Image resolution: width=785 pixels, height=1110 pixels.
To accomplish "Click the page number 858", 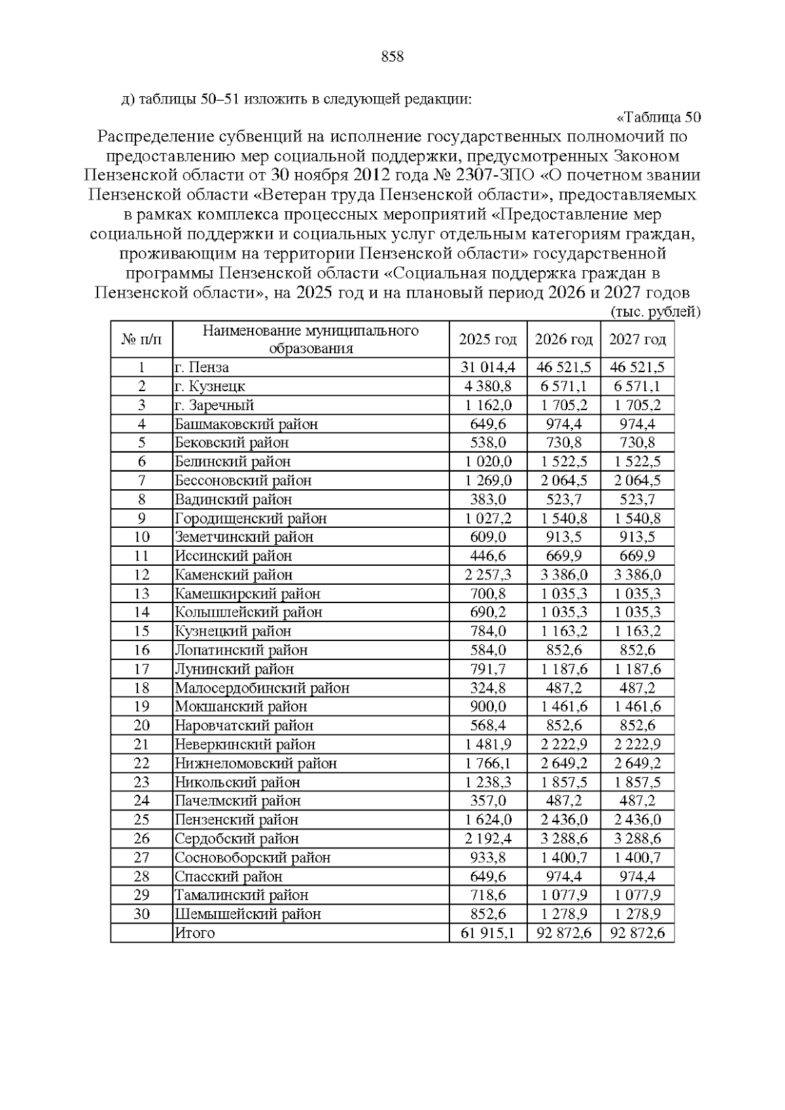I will (392, 57).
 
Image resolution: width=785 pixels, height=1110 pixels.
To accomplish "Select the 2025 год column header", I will (487, 339).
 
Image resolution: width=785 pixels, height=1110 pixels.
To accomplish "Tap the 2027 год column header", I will (637, 339).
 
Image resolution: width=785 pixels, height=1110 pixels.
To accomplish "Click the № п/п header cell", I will (141, 339).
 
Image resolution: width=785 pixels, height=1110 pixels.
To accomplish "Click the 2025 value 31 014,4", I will (487, 368).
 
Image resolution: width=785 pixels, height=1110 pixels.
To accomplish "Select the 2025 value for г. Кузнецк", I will (487, 387).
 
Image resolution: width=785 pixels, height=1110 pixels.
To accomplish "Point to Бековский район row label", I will (232, 443).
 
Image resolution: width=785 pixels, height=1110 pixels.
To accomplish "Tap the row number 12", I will (141, 575).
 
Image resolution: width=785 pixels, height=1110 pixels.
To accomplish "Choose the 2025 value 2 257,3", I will (487, 575).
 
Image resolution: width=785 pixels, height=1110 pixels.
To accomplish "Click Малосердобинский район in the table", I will (262, 688).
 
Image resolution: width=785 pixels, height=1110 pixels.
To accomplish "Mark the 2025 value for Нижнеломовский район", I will (487, 763).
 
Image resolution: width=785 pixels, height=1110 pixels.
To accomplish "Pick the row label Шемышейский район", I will (247, 914).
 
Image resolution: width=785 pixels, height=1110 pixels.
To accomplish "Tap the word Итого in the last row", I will (195, 933).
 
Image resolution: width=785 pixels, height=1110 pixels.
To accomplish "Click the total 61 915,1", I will (487, 933).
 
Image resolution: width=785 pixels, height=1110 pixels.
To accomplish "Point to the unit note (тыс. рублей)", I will (655, 312).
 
